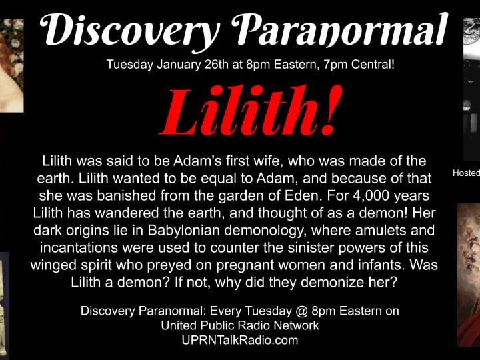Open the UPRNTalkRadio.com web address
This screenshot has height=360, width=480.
[x=239, y=340]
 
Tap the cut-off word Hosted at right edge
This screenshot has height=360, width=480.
[x=466, y=173]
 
